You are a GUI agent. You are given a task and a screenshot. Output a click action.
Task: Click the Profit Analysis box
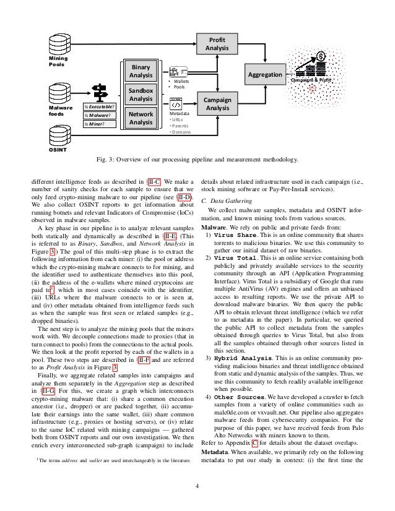tap(217, 43)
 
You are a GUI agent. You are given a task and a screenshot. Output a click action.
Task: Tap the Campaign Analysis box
tap(217, 103)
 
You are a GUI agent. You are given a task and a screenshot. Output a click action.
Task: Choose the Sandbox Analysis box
tap(141, 95)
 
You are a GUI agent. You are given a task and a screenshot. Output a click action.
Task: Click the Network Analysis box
tap(141, 118)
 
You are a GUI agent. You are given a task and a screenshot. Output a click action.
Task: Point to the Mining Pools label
tap(58, 61)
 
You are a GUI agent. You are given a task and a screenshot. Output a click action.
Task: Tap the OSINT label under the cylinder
tap(58, 150)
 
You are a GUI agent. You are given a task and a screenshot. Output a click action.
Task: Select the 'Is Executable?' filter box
tap(100, 106)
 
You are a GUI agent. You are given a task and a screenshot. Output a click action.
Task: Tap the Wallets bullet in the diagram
tap(181, 81)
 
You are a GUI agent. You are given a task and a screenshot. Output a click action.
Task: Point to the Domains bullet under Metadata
tap(181, 132)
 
